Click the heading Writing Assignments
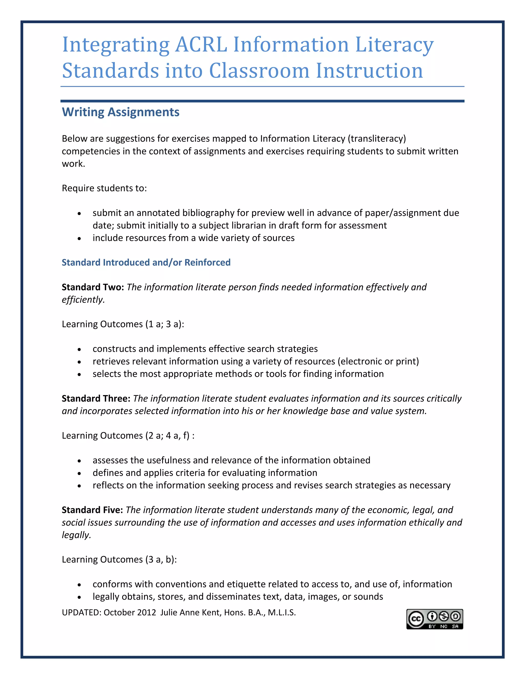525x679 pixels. tap(121, 112)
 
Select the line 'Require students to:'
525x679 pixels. tap(104, 188)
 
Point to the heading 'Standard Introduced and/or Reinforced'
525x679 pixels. tap(146, 262)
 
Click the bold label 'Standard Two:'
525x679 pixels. tap(93, 287)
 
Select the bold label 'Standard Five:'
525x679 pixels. tap(92, 510)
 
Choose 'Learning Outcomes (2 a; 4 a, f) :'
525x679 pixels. tap(128, 435)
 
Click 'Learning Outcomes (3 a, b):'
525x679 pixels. tap(119, 559)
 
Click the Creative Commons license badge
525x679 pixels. tap(435, 619)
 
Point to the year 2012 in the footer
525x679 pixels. tap(146, 612)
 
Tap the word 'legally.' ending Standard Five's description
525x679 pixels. tap(76, 535)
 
